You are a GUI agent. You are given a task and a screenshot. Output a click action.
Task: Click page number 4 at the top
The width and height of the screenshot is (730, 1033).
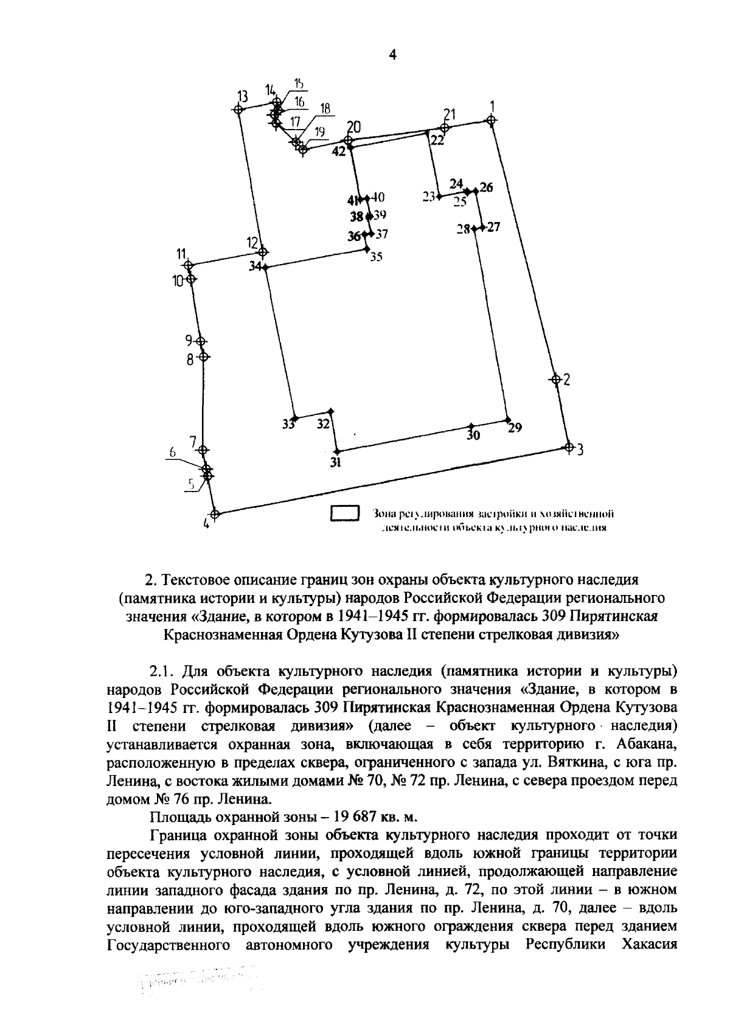(x=392, y=55)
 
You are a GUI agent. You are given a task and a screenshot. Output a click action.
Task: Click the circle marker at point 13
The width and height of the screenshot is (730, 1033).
(x=239, y=110)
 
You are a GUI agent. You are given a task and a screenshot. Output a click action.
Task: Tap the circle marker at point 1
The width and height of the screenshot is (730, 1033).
(x=491, y=120)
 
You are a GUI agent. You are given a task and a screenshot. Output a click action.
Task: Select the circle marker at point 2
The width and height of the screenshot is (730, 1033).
(x=555, y=379)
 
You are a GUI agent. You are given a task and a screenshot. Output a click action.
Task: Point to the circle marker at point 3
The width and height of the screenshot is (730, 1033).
(x=569, y=447)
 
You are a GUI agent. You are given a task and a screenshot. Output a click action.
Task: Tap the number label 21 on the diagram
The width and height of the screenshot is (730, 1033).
(x=450, y=114)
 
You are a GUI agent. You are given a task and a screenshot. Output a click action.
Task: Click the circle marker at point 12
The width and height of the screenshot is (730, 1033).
(x=263, y=251)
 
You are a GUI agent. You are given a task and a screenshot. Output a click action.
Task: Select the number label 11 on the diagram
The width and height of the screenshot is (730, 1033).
(x=181, y=254)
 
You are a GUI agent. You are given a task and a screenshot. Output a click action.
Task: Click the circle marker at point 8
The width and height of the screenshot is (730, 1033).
(x=204, y=357)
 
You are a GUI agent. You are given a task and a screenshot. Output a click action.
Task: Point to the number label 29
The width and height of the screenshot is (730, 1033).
(x=515, y=428)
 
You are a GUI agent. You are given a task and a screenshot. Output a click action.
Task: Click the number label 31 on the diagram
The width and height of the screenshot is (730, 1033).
(x=335, y=462)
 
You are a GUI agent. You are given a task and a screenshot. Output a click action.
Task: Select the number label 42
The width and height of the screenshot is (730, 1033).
(x=338, y=151)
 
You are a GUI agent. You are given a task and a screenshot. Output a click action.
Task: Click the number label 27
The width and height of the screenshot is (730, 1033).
(x=493, y=228)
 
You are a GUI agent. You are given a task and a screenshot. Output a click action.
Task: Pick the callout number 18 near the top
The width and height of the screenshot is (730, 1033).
(x=325, y=108)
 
